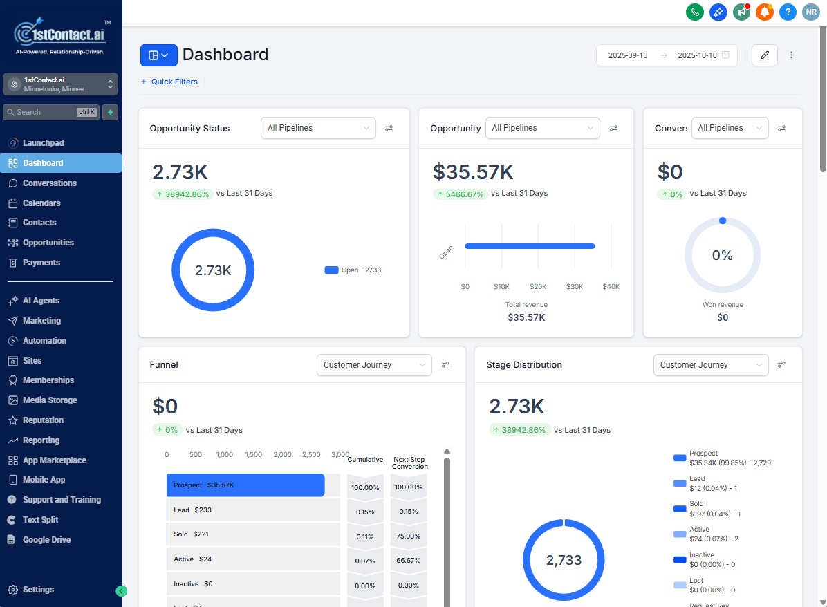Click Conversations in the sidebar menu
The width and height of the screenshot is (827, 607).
point(49,183)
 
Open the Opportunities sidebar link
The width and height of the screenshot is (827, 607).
point(48,243)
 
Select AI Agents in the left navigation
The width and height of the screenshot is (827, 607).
point(41,301)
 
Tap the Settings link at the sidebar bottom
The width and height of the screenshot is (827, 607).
point(38,590)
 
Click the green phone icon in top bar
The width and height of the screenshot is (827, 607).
point(695,12)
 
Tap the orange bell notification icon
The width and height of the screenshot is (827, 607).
point(764,12)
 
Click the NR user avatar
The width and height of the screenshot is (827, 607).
point(810,12)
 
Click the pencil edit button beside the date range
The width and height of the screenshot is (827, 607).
point(765,55)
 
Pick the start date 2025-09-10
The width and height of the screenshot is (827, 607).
point(628,55)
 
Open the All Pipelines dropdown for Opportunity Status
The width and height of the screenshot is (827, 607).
point(318,128)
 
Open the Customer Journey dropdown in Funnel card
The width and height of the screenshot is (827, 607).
point(374,365)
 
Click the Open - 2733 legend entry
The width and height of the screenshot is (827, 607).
point(353,270)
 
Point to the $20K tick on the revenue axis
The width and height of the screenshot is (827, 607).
point(538,286)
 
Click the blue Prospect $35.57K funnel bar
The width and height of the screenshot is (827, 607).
point(245,485)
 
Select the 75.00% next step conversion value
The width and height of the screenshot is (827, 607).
point(409,536)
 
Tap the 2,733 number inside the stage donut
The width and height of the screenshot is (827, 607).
point(564,561)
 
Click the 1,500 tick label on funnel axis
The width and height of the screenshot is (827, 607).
point(254,455)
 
